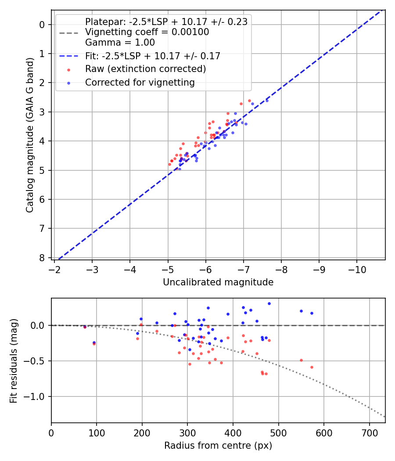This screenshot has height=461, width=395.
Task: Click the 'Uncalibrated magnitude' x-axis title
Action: pyautogui.click(x=218, y=282)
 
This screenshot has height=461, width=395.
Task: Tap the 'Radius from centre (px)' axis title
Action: pyautogui.click(x=218, y=446)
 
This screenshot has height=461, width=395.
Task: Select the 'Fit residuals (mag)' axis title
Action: pyautogui.click(x=14, y=360)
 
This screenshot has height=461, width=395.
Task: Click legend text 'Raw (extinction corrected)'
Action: pyautogui.click(x=145, y=69)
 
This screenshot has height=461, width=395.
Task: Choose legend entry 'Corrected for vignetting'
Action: pyautogui.click(x=140, y=82)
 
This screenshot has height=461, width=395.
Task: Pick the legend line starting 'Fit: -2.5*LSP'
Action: pyautogui.click(x=152, y=56)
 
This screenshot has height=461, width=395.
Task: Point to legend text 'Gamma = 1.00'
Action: pyautogui.click(x=120, y=43)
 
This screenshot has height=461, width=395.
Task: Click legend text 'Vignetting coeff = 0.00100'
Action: pyautogui.click(x=147, y=32)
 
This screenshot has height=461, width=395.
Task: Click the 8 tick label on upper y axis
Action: pyautogui.click(x=42, y=258)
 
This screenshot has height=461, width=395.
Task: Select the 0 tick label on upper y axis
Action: pyautogui.click(x=42, y=25)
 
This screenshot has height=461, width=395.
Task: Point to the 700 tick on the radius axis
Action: pyautogui.click(x=369, y=432)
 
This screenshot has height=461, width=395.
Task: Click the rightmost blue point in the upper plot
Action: pyautogui.click(x=267, y=101)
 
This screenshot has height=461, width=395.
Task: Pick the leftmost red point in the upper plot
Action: pyautogui.click(x=169, y=164)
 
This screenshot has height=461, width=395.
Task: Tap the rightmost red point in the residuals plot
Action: pyautogui.click(x=312, y=367)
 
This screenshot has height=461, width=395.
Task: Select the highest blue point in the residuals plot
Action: pyautogui.click(x=269, y=303)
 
